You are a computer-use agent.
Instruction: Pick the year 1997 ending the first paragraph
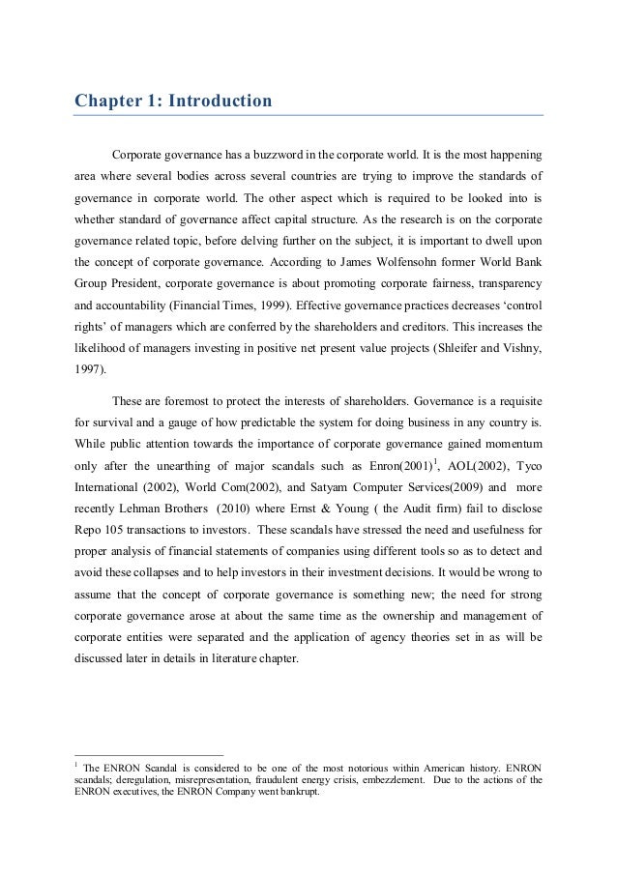(x=92, y=368)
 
